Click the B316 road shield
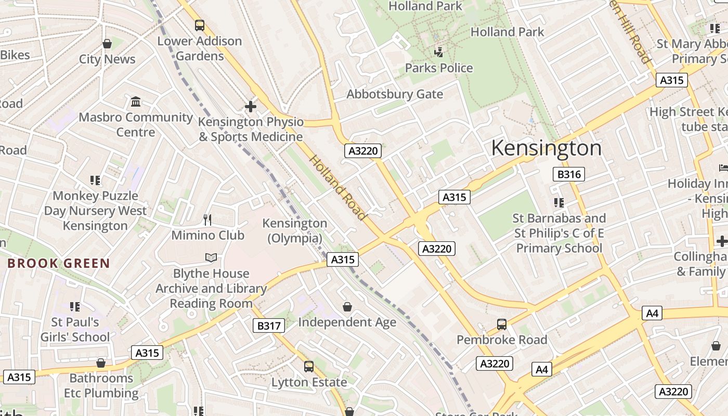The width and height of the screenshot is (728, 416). pos(569,174)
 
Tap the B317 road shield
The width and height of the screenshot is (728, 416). pos(269,326)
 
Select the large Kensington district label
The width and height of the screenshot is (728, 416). pos(546,148)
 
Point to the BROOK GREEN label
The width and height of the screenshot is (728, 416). pos(59,263)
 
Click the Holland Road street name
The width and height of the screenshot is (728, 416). pos(339,187)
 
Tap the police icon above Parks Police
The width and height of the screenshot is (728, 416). pos(439,52)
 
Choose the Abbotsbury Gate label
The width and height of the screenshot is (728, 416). pos(395,94)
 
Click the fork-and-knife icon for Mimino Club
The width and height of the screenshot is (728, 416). pos(207,220)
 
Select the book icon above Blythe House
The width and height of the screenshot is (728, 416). pos(211,258)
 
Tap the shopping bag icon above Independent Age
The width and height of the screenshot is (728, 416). pos(347,307)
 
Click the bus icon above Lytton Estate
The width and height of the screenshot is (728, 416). pos(309,367)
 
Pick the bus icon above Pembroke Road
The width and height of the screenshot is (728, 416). pos(502,324)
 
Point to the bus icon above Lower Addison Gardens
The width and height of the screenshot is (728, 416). pos(200,25)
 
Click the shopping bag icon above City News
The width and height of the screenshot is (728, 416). pos(107,44)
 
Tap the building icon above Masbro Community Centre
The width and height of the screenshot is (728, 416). pos(136,101)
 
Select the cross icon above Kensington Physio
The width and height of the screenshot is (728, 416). pos(251,107)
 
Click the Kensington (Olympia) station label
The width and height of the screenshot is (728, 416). pos(294,230)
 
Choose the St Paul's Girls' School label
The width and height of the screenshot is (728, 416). pos(75,329)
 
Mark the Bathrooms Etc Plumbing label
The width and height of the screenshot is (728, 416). pos(101,385)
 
